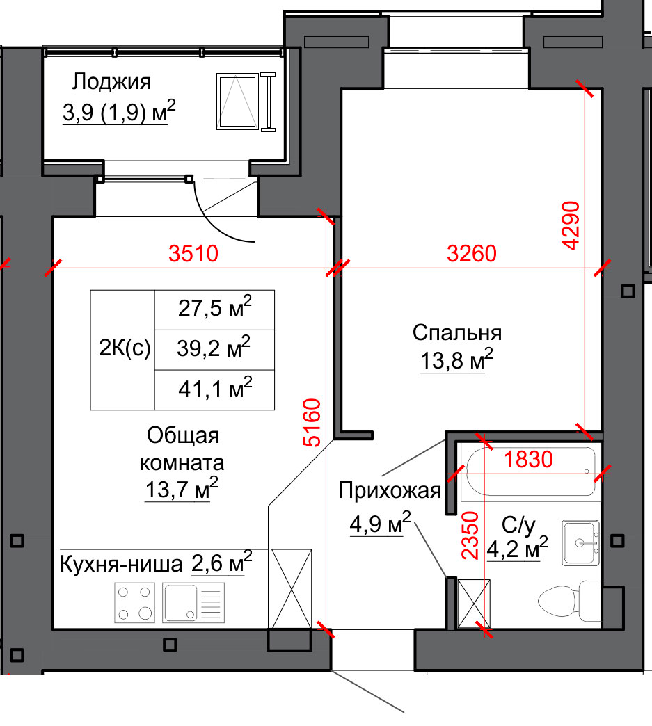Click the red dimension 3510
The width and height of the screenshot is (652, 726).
click(193, 253)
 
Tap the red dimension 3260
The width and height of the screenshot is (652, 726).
click(471, 253)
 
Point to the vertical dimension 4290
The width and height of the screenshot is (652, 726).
click(571, 225)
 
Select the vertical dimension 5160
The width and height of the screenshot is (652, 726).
click(312, 422)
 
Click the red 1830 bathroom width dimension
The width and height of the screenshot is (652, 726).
click(528, 459)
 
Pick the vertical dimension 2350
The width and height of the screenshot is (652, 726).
click(470, 535)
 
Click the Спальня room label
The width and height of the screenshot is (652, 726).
click(457, 333)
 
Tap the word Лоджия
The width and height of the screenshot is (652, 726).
click(111, 82)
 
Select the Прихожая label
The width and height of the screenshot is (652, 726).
click(389, 490)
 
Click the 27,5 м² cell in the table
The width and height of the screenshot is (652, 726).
click(214, 309)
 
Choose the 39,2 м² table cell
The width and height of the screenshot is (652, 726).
click(214, 350)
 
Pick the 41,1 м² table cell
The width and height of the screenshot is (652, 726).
click(214, 390)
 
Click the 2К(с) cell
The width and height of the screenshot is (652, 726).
click(122, 350)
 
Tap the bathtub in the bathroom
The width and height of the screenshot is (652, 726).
click(531, 471)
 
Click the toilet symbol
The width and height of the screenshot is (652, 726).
click(569, 601)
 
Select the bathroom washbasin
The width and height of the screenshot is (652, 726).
click(580, 542)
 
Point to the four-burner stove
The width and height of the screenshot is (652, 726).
click(134, 603)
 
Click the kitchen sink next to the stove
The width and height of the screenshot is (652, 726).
click(193, 603)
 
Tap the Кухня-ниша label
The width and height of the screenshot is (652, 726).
click(121, 565)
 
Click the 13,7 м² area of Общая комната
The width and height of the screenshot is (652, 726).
click(181, 489)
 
